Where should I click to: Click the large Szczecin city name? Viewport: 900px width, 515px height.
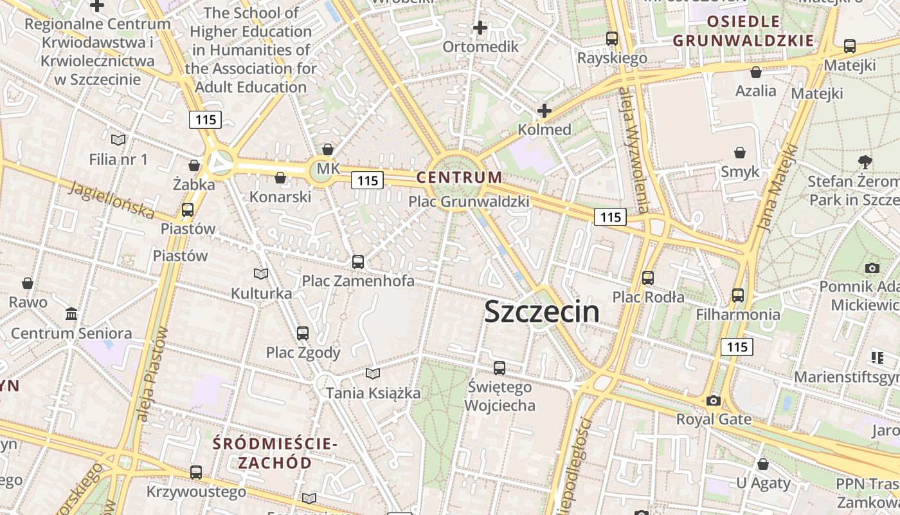tap(541, 312)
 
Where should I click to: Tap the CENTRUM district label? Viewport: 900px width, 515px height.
tap(459, 177)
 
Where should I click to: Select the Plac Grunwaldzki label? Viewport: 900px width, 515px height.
tap(469, 201)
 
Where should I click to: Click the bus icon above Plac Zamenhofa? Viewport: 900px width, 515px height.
tap(358, 262)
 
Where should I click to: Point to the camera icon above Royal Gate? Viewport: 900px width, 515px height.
tap(713, 401)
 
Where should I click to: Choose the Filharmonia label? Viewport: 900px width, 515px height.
tap(738, 314)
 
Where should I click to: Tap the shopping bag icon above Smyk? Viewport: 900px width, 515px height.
tap(740, 153)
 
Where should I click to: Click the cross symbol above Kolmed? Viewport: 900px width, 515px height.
tap(544, 111)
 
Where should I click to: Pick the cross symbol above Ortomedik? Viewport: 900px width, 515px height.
tap(480, 28)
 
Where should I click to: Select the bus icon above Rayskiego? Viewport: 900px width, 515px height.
tap(612, 39)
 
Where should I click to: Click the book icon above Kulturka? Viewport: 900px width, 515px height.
tap(261, 274)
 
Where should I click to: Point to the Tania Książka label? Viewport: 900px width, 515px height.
tap(373, 393)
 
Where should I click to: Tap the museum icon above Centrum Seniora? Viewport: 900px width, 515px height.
tap(71, 314)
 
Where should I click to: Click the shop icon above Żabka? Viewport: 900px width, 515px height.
tap(194, 165)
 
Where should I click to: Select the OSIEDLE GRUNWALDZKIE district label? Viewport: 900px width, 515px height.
tap(743, 31)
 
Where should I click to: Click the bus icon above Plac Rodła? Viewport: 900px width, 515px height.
tap(648, 278)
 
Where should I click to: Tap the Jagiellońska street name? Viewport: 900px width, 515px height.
tap(112, 200)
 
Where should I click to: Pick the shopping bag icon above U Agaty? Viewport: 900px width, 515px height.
tap(763, 464)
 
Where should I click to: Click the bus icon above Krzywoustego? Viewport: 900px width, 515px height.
tap(196, 473)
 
